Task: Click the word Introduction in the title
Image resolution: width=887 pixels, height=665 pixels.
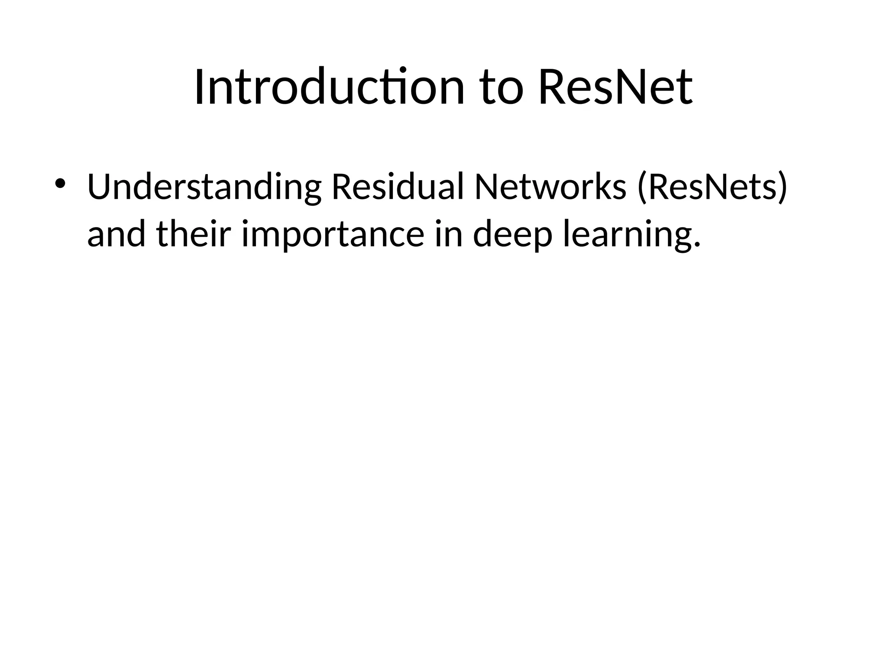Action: point(330,88)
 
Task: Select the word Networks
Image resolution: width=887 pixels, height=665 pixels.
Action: point(550,187)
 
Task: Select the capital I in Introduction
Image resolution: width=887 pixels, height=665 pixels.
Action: point(199,88)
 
